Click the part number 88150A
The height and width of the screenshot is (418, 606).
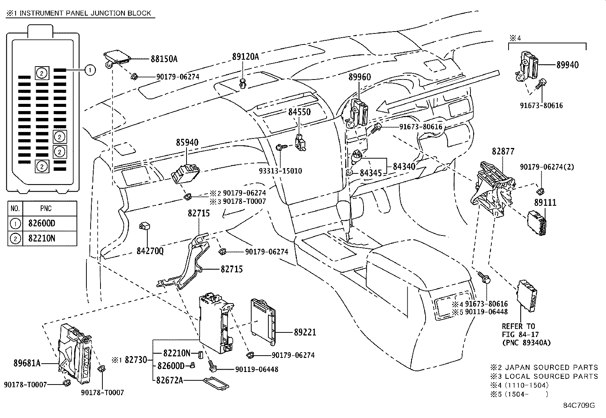164,59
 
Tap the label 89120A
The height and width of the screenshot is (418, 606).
245,57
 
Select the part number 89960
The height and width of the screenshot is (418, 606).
359,77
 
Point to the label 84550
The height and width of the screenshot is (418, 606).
299,112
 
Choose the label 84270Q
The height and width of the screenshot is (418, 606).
150,251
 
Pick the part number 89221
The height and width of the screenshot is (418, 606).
305,332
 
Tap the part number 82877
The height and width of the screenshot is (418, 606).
503,151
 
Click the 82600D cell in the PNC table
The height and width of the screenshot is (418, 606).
41,223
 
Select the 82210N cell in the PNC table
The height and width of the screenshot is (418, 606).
41,238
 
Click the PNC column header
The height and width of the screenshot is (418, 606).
46,209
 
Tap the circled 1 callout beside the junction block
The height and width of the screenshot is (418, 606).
89,70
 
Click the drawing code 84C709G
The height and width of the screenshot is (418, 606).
579,405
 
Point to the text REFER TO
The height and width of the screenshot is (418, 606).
518,326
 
